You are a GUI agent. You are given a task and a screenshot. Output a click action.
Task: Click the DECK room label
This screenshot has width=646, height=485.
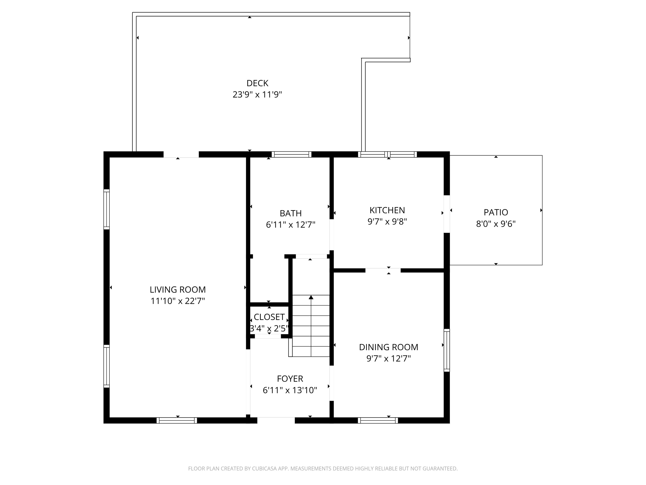click(257, 83)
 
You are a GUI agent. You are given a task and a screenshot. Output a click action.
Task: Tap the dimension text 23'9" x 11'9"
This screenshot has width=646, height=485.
click(257, 95)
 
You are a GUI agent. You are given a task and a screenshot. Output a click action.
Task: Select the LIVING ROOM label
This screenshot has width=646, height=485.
click(178, 290)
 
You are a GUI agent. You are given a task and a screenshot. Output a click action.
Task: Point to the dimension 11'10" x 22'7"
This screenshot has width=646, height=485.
click(178, 301)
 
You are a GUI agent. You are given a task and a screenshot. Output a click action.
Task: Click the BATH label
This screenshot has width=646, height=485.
click(290, 213)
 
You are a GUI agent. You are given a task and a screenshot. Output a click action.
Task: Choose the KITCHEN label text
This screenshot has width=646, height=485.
click(387, 210)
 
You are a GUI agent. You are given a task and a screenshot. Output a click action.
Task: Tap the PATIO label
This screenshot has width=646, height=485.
click(496, 212)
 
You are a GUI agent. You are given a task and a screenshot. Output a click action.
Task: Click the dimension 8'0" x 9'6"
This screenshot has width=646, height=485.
click(496, 224)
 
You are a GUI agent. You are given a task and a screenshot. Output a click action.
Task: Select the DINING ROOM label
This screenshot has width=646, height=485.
click(389, 347)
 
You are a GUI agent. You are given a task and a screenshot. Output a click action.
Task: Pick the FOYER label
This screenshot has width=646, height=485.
click(290, 379)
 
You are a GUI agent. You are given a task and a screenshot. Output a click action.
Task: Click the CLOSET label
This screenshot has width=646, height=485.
click(269, 317)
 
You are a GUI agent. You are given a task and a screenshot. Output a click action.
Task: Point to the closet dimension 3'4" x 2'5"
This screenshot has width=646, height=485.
click(269, 329)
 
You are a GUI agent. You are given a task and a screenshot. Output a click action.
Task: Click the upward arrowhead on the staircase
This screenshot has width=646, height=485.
click(311, 298)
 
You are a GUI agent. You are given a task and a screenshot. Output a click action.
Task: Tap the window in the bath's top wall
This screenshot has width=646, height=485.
click(291, 154)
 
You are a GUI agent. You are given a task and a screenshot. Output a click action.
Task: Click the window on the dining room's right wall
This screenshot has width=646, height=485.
click(447, 350)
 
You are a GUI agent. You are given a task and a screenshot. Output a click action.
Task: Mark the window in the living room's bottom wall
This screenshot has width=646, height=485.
click(177, 420)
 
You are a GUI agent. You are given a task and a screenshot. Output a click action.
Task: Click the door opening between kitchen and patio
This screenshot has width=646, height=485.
click(447, 214)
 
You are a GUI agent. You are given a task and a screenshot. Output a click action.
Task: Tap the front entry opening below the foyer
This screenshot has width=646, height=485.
click(276, 420)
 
